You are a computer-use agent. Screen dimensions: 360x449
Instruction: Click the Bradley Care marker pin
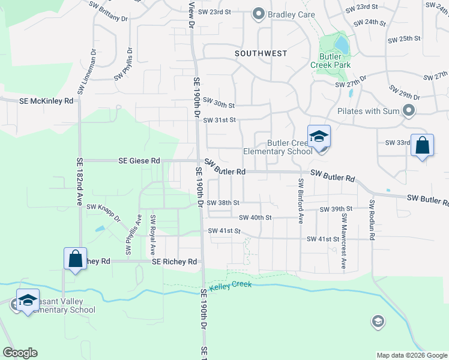point(259,14)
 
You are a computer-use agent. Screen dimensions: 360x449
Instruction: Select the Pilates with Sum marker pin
point(409,110)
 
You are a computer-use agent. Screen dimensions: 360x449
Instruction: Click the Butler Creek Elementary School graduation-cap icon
point(319,136)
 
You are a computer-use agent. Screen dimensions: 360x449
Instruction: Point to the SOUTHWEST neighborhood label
point(261,53)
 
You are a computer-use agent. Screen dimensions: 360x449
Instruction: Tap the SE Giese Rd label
point(139,161)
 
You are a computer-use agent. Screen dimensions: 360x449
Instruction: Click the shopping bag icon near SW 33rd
point(422,146)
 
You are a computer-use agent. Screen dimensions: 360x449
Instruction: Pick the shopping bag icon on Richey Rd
point(76,259)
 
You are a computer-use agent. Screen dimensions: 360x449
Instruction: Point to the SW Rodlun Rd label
point(372,220)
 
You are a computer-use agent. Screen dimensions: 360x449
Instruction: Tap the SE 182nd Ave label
point(79,182)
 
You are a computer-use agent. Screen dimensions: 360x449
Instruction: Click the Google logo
point(20,353)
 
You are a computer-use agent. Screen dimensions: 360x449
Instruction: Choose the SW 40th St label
point(255,218)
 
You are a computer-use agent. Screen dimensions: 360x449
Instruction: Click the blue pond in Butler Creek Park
point(341,43)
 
